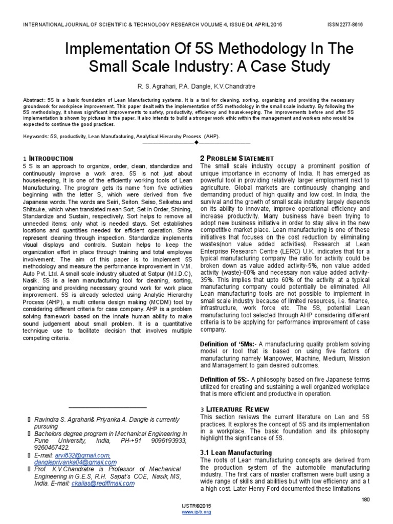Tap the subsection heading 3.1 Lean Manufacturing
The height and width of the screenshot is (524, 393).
(236, 452)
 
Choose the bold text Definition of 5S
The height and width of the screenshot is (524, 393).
(226, 379)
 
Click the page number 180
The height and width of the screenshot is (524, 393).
(365, 499)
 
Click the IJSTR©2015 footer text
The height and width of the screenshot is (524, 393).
(196, 505)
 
